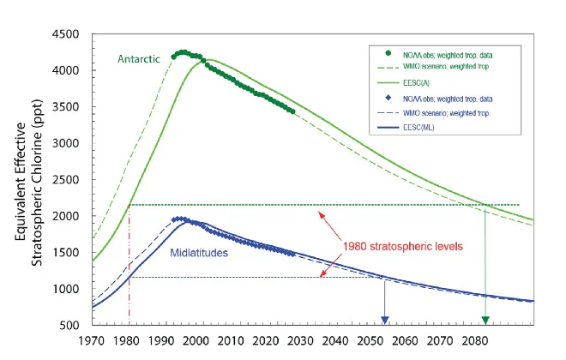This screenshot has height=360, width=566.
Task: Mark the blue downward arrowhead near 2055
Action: pyautogui.click(x=385, y=320)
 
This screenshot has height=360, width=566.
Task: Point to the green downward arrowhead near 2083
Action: pyautogui.click(x=485, y=320)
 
